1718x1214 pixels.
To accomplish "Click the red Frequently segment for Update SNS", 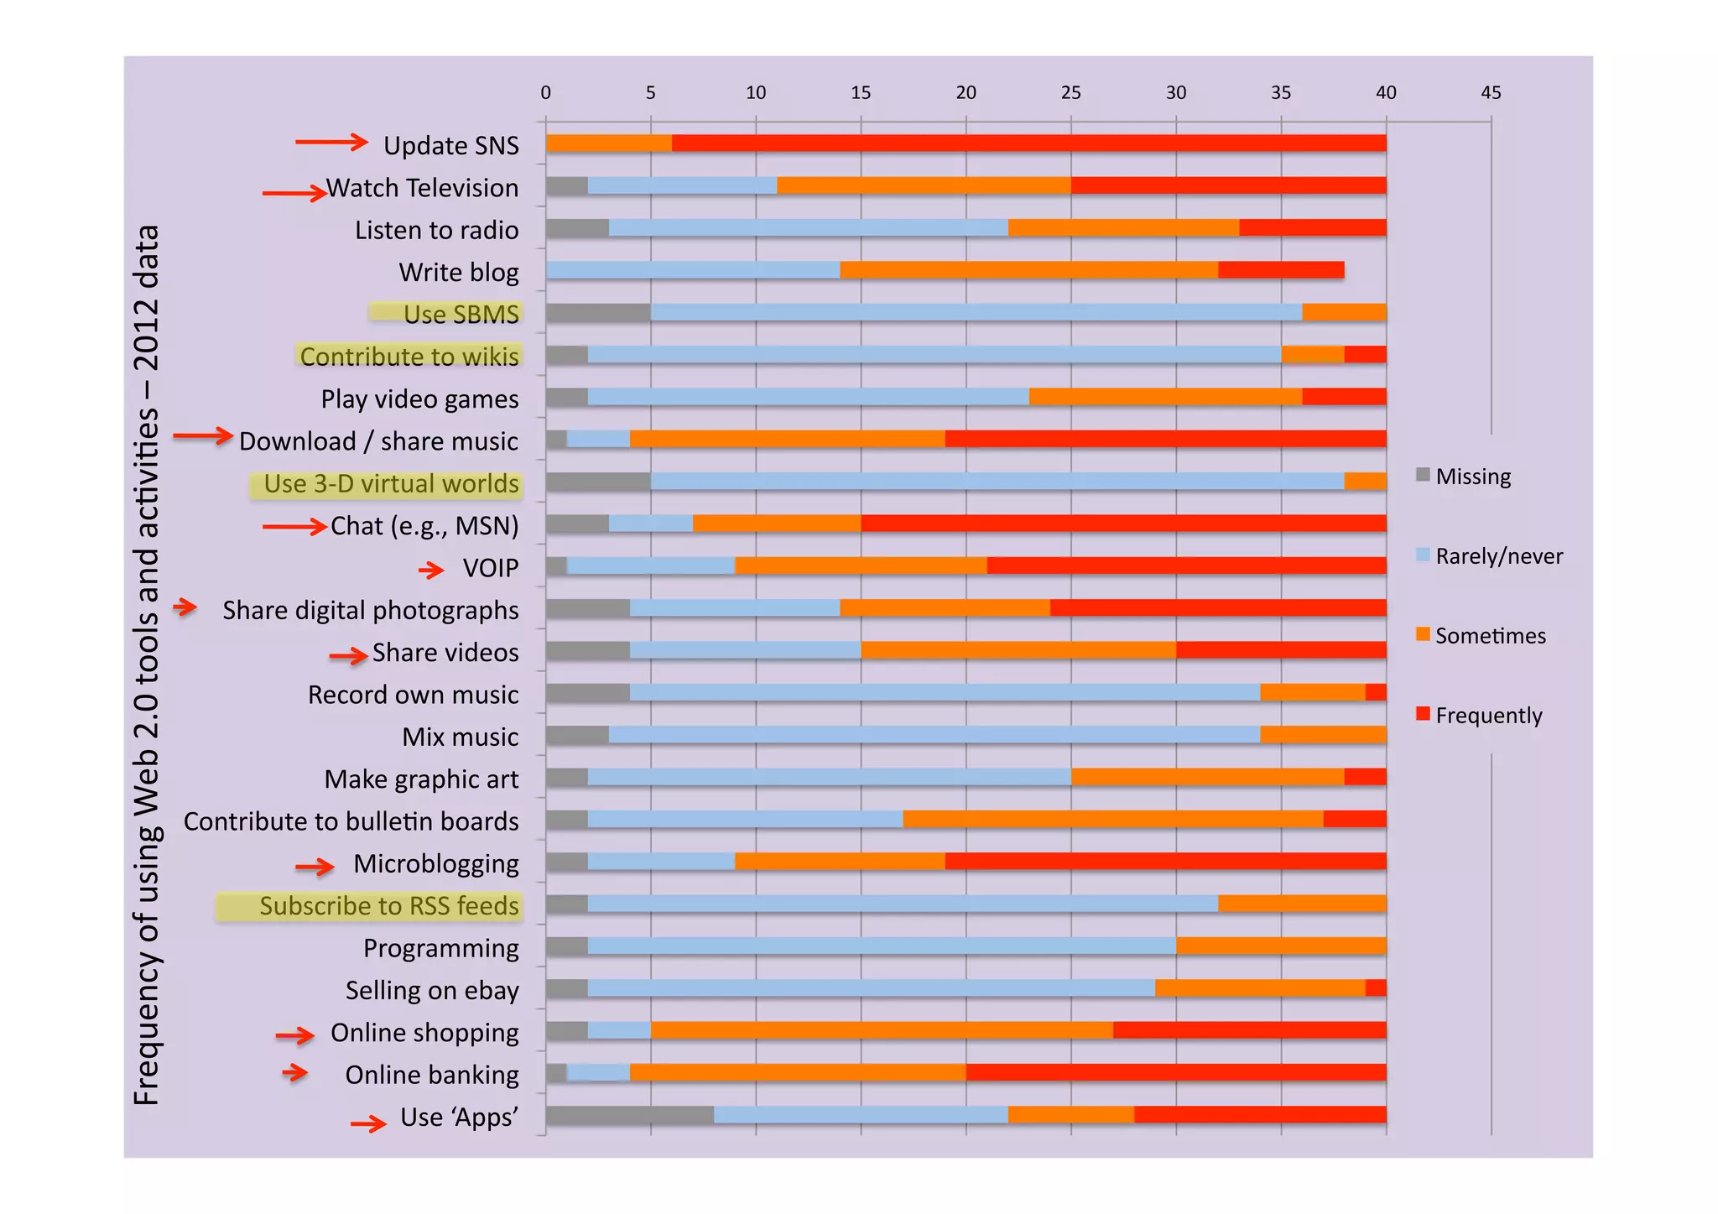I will point(1028,143).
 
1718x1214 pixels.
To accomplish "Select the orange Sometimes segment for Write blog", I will point(1028,270).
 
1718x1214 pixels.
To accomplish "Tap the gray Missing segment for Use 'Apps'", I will point(629,1115).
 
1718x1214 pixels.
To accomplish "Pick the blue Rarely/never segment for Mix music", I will point(934,735).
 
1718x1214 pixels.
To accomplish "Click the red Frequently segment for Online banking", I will point(1175,1072).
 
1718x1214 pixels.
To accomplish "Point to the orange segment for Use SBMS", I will point(1344,313).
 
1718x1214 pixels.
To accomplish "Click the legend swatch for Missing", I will point(1423,475).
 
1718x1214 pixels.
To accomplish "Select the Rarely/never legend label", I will point(1498,556).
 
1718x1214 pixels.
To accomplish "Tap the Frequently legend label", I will point(1488,716).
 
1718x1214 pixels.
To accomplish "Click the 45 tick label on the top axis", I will point(1491,93).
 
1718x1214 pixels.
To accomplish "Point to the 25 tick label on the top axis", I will point(1070,93).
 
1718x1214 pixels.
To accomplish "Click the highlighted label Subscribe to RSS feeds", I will point(388,906).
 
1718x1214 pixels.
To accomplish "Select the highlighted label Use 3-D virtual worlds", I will point(391,484).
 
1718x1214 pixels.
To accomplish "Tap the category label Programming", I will point(440,948).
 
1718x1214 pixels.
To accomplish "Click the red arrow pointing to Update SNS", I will point(331,143).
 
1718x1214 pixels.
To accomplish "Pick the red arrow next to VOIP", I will point(431,571).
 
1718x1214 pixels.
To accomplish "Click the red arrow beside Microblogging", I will point(315,867).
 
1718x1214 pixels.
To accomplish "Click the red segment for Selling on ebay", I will point(1375,988).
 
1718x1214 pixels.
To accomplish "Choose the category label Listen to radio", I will point(436,230).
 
